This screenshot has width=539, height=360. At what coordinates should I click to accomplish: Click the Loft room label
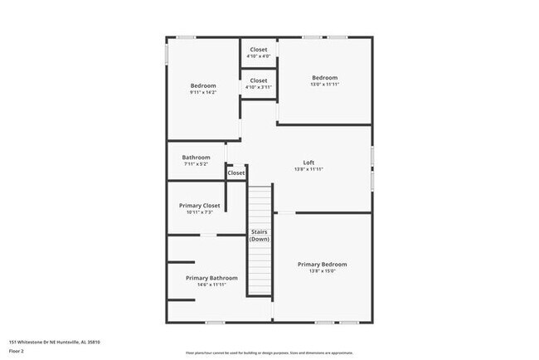(308, 162)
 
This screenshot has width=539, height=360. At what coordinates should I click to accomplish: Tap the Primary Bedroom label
(323, 265)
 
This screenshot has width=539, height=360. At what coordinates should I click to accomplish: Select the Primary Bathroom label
(211, 278)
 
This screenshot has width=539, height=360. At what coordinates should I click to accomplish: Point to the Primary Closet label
(200, 206)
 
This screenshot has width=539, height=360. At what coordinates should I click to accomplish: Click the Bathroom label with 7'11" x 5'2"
(197, 158)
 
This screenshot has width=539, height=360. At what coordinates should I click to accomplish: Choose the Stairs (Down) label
(260, 235)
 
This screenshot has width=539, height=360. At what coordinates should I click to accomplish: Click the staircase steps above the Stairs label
(260, 203)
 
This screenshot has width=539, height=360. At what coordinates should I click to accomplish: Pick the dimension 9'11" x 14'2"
(203, 93)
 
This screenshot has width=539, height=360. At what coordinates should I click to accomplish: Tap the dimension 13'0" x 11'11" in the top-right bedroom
(323, 85)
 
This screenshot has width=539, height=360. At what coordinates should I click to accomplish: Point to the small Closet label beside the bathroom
(236, 173)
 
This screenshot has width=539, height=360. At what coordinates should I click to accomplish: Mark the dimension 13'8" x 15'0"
(323, 271)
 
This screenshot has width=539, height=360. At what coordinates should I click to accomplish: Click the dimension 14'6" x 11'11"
(211, 285)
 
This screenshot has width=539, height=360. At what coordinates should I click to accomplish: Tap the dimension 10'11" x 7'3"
(200, 212)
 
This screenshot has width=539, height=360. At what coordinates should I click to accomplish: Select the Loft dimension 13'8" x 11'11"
(308, 169)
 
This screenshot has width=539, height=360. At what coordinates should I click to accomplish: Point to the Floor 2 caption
(17, 350)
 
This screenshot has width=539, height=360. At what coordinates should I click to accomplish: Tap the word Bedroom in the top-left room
(203, 86)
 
